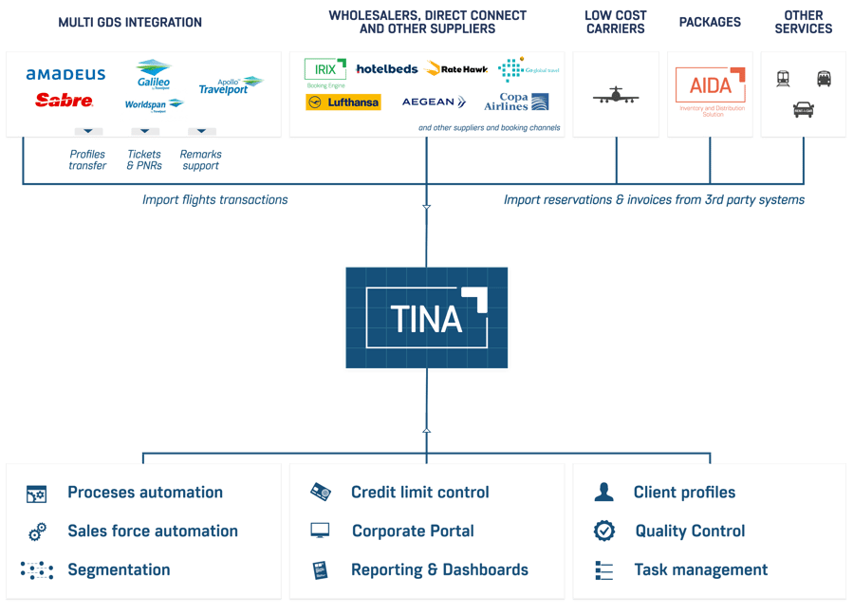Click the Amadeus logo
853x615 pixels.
tap(65, 74)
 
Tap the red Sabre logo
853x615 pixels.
tap(64, 100)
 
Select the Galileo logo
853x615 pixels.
tap(154, 74)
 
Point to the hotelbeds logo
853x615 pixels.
tap(387, 69)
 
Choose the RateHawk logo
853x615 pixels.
tap(457, 69)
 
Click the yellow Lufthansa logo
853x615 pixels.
tap(343, 102)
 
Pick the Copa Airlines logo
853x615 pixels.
tap(516, 102)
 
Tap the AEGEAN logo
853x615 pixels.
tap(434, 102)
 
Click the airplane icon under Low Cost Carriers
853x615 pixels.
tap(615, 96)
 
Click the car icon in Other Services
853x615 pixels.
tap(803, 110)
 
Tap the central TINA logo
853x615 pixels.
tap(427, 318)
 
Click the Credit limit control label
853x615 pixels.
tap(419, 493)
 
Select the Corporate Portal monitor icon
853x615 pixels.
tap(320, 531)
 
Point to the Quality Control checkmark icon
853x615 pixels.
tap(604, 531)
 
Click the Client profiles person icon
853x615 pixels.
tap(603, 493)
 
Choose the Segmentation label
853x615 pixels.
tap(119, 570)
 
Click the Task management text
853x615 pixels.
tap(700, 570)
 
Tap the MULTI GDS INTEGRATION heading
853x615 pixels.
tap(130, 23)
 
